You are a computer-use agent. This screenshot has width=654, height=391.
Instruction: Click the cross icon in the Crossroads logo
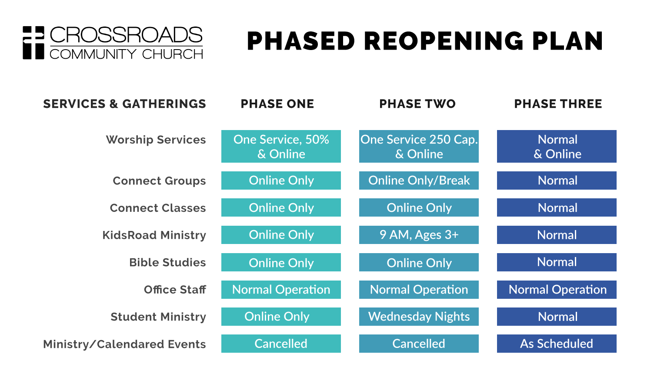tap(33, 43)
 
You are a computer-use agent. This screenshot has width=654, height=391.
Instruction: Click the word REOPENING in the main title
tap(444, 41)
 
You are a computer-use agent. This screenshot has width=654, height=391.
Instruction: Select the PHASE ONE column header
tap(277, 104)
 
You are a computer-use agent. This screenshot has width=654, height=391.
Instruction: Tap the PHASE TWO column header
tap(417, 104)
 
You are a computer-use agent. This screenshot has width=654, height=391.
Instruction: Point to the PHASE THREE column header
tap(558, 104)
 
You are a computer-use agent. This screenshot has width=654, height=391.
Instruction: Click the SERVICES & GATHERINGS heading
tap(125, 104)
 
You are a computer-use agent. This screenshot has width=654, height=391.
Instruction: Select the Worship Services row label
tap(156, 140)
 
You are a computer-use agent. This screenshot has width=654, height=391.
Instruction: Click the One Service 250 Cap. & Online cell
tap(419, 146)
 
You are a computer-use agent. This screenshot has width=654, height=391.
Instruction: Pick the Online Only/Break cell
tap(419, 180)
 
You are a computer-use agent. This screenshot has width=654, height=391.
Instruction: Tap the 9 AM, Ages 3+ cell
tap(419, 235)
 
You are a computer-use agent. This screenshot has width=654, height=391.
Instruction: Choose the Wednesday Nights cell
tap(419, 317)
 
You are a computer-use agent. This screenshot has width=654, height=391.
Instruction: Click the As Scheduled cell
tap(557, 344)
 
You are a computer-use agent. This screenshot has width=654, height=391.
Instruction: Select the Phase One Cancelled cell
tap(281, 344)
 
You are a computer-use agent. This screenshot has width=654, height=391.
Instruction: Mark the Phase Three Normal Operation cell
tap(557, 290)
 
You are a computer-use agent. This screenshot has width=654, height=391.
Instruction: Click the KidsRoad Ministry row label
tap(154, 235)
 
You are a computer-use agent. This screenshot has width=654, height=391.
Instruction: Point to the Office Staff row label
tap(175, 290)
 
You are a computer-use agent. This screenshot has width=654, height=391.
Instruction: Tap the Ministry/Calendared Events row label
tap(125, 344)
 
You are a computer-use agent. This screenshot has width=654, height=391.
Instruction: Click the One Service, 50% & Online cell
tap(281, 146)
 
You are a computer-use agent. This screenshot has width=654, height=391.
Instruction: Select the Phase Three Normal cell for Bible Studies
tap(557, 262)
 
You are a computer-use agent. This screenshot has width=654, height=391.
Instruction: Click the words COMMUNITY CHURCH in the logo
tap(127, 54)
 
